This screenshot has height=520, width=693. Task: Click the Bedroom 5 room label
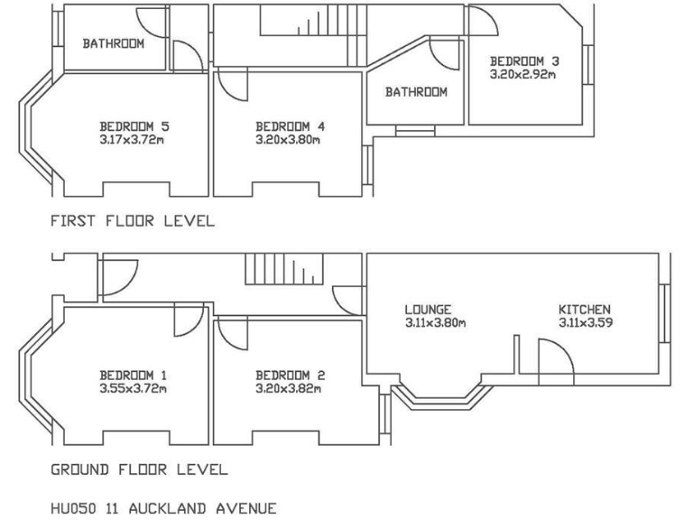pos(134,126)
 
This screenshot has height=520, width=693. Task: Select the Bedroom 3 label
pos(524,61)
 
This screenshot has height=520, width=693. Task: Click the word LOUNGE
pos(428,309)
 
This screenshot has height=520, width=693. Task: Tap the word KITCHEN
pos(585,309)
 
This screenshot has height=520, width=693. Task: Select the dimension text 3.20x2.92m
pos(523,74)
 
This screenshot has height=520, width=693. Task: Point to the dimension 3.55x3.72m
pos(134,389)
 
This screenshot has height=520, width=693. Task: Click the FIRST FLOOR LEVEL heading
pos(133,220)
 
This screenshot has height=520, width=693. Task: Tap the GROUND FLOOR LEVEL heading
pos(139,469)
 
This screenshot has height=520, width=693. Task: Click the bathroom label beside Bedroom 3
pos(416,92)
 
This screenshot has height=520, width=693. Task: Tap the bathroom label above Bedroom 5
pos(113,43)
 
